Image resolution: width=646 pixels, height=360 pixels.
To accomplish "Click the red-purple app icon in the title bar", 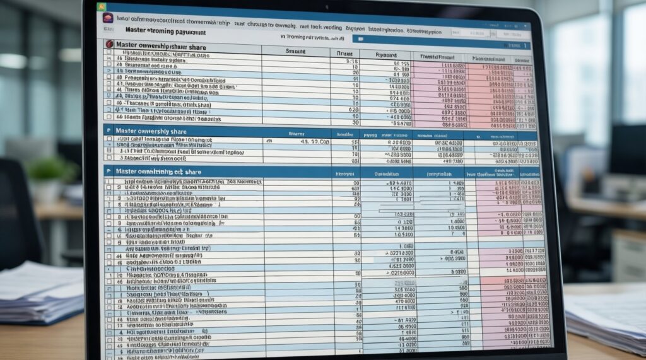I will point(108,18).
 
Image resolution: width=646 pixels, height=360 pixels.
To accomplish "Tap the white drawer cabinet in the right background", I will point(628,252).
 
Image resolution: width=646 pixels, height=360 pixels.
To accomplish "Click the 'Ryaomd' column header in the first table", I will point(387,54).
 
